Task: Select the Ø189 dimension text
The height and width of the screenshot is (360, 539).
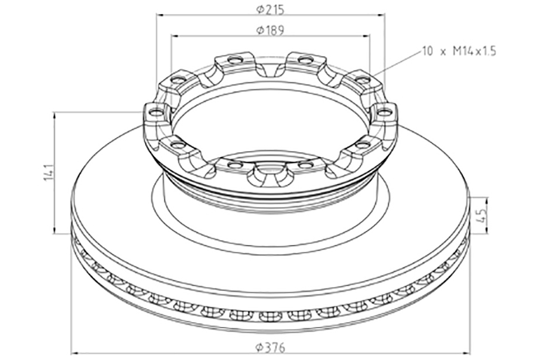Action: (x=270, y=30)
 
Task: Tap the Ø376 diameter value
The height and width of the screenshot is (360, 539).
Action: (x=270, y=348)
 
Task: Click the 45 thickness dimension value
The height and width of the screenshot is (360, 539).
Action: (x=483, y=215)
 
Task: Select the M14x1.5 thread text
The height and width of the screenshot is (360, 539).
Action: (x=475, y=52)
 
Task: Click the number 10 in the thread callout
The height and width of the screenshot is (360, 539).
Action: (x=427, y=52)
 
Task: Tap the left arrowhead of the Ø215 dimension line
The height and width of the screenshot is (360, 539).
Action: (x=160, y=15)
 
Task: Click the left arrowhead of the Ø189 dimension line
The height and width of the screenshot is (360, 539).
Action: (x=174, y=35)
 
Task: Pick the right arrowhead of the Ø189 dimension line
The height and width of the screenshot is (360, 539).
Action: (x=366, y=35)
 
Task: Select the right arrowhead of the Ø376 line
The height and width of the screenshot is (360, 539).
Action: (x=466, y=353)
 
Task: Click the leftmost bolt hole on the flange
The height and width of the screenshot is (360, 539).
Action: (x=156, y=112)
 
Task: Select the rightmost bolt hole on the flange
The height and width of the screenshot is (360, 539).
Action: (x=384, y=112)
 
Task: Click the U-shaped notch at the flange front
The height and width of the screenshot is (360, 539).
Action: (x=270, y=174)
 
